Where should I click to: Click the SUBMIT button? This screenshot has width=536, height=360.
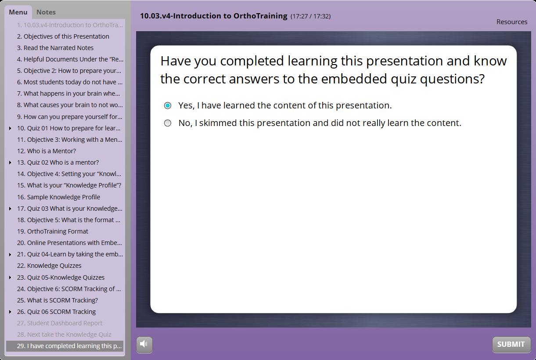[511, 344]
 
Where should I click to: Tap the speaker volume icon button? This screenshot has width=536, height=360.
[144, 345]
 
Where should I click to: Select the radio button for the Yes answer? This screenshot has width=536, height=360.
[168, 105]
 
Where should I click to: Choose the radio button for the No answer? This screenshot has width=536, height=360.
[168, 123]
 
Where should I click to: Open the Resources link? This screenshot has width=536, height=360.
[512, 22]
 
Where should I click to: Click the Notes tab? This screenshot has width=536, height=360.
[46, 12]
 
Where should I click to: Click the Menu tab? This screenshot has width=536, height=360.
[18, 12]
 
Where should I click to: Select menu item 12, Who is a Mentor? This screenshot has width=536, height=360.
[47, 151]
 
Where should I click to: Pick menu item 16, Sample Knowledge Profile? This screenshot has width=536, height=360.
[59, 197]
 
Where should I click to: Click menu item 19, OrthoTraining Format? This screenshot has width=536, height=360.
[53, 231]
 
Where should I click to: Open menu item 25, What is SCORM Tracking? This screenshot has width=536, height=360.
[58, 300]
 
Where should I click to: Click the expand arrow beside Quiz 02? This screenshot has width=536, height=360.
[10, 162]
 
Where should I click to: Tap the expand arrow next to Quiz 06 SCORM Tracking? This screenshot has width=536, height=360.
[10, 312]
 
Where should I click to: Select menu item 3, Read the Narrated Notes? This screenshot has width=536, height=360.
[55, 48]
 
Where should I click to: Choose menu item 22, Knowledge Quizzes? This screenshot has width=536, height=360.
[49, 266]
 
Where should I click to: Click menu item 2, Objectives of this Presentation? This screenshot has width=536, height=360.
[63, 36]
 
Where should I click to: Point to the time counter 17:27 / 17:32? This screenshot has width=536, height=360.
[311, 16]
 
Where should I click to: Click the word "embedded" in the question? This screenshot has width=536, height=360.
[354, 79]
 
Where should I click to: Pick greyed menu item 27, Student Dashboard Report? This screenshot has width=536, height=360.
[60, 323]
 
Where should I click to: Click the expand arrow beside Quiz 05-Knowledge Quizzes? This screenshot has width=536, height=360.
[10, 277]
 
